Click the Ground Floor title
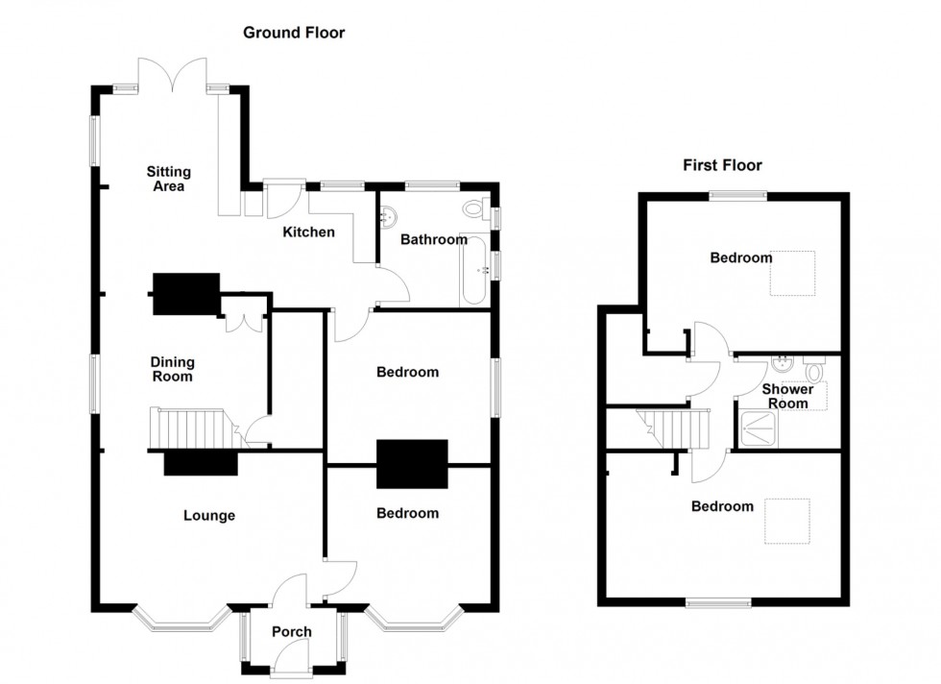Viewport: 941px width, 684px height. click(x=293, y=33)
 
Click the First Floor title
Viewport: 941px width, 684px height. click(x=723, y=165)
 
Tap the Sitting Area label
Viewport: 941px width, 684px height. click(x=168, y=179)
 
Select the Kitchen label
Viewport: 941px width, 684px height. click(x=308, y=232)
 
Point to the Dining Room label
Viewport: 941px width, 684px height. click(x=172, y=369)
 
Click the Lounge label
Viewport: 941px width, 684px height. click(x=209, y=516)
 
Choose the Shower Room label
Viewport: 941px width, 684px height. click(x=787, y=396)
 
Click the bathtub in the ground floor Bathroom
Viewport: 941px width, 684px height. click(x=474, y=270)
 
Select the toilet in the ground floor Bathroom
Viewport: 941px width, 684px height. click(x=474, y=208)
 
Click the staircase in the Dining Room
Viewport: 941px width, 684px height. click(x=192, y=427)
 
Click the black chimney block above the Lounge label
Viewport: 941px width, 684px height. click(x=201, y=464)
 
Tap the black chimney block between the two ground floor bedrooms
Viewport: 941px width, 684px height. click(x=413, y=465)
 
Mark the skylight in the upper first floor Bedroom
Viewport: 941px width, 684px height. click(x=794, y=272)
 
